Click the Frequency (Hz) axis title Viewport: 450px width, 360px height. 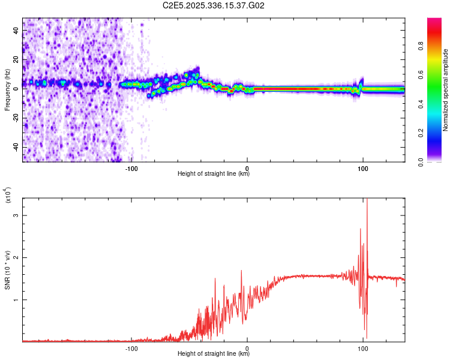[7, 90]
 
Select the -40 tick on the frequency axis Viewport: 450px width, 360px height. [16, 147]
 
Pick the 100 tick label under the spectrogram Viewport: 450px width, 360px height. [362, 168]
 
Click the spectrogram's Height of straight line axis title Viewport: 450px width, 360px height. [214, 174]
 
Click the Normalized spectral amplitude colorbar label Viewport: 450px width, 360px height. [446, 90]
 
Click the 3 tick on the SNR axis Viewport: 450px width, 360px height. [16, 215]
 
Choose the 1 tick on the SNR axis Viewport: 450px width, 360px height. [16, 299]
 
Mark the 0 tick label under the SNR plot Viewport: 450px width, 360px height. [247, 348]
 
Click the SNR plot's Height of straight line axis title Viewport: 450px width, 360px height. [214, 354]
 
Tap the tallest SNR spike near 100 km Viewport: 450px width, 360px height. [367, 202]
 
